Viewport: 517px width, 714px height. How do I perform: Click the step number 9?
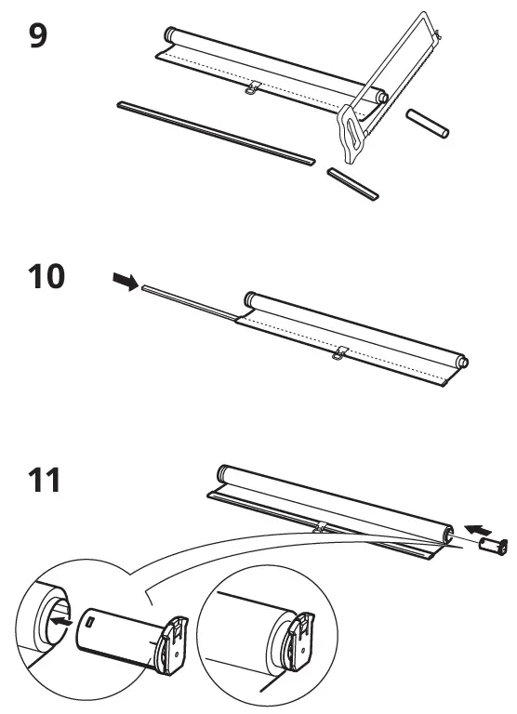coord(39,40)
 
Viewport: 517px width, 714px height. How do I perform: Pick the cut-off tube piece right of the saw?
coord(429,124)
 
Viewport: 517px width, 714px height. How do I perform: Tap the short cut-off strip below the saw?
coord(353,183)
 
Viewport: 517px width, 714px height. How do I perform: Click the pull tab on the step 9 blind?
coord(250,88)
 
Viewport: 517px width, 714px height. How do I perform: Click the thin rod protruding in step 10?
coord(186,301)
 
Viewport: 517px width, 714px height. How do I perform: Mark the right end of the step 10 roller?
coord(462,362)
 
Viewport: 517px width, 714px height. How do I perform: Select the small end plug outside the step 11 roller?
coord(495,547)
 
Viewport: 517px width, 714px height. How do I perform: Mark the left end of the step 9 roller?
coord(170,34)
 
